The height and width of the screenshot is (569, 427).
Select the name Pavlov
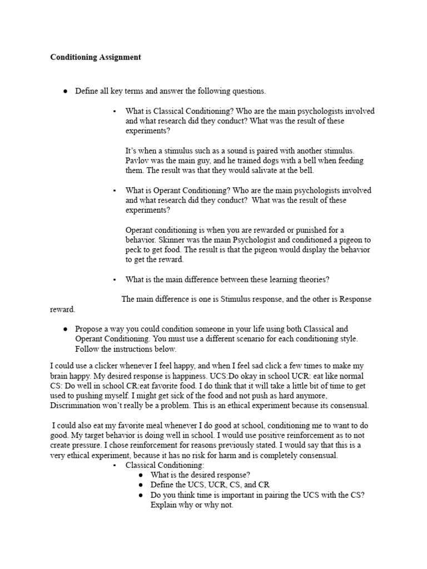[137, 161]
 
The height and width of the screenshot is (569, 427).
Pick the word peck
[134, 249]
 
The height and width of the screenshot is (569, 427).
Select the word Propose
[89, 329]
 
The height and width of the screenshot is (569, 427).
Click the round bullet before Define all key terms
[66, 91]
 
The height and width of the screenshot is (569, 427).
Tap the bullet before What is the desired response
[142, 475]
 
